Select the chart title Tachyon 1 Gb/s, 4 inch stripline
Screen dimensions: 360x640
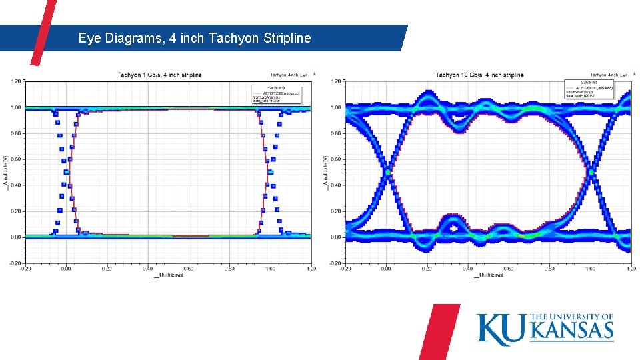159,75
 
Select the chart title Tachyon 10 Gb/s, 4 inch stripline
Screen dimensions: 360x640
479,75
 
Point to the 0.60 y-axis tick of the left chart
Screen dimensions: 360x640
15,159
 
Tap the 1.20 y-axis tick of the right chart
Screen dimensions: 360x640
337,81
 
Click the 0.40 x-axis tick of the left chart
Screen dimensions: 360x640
148,269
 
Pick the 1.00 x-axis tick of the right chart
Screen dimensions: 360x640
590,269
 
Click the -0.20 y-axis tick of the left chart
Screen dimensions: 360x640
14,263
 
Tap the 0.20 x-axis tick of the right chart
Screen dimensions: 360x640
426,269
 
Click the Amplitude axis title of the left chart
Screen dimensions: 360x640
7,171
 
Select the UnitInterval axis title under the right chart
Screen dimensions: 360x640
489,274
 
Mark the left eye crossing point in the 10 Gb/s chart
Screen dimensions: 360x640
387,172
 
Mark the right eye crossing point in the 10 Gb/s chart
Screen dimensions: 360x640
591,172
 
